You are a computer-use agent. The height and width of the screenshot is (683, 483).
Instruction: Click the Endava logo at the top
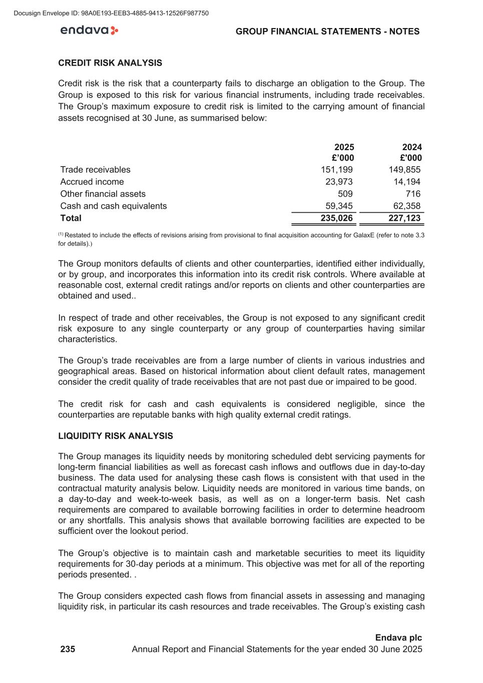[x=89, y=31]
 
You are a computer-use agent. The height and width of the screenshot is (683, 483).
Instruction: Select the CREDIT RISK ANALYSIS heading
[x=110, y=63]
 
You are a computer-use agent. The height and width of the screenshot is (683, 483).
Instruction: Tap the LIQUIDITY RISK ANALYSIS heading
[x=116, y=436]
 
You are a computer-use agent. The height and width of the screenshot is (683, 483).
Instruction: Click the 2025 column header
[x=344, y=147]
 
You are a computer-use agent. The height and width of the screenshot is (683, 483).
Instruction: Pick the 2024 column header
[x=412, y=147]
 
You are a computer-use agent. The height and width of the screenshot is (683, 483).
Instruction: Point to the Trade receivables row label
[x=95, y=170]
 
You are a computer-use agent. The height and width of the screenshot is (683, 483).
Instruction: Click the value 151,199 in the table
[x=336, y=170]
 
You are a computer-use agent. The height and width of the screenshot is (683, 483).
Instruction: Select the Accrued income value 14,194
[x=407, y=182]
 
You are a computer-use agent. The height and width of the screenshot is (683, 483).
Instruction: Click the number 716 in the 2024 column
[x=413, y=194]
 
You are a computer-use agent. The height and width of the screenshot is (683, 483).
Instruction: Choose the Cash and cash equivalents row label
[x=114, y=206]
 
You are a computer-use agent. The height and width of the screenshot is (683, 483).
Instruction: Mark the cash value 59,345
[x=339, y=206]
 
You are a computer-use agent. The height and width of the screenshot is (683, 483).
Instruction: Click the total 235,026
[x=336, y=218]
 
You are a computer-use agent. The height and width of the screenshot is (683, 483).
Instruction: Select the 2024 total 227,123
[x=405, y=218]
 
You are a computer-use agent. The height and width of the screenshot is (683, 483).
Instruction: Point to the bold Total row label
[x=71, y=218]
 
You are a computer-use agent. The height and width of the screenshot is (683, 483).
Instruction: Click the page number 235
[x=68, y=649]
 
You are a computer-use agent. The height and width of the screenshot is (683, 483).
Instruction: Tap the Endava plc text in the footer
[x=398, y=637]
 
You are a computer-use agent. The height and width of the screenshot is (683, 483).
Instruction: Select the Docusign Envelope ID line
[x=112, y=13]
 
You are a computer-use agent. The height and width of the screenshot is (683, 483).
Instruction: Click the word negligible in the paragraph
[x=356, y=404]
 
